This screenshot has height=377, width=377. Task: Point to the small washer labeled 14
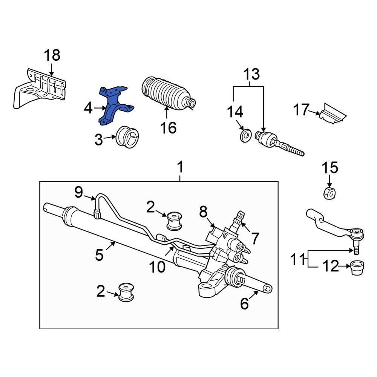246,135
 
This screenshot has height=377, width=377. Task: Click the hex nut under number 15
329,193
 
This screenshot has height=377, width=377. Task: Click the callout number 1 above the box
180,167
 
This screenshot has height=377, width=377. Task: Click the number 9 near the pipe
78,193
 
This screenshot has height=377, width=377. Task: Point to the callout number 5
99,255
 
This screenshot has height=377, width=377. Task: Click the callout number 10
157,267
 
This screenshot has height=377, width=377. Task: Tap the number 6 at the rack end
245,303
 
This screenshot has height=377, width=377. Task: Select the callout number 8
203,212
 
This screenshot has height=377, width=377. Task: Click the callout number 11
297,260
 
